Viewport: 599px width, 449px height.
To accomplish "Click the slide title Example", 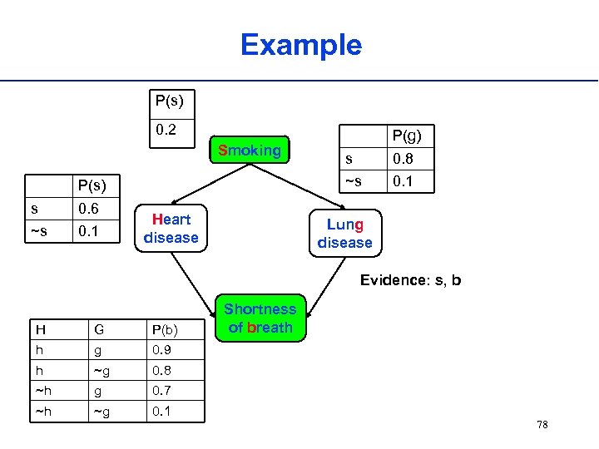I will click(300, 45).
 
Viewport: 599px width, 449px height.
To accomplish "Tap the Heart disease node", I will click(171, 229).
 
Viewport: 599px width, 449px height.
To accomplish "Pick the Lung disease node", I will click(344, 234).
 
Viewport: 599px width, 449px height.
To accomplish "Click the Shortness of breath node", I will click(260, 318).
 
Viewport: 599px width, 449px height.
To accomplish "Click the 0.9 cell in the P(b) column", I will click(161, 350).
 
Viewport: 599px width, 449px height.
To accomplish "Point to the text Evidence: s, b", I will click(410, 280).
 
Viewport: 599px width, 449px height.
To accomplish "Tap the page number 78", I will click(542, 425).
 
